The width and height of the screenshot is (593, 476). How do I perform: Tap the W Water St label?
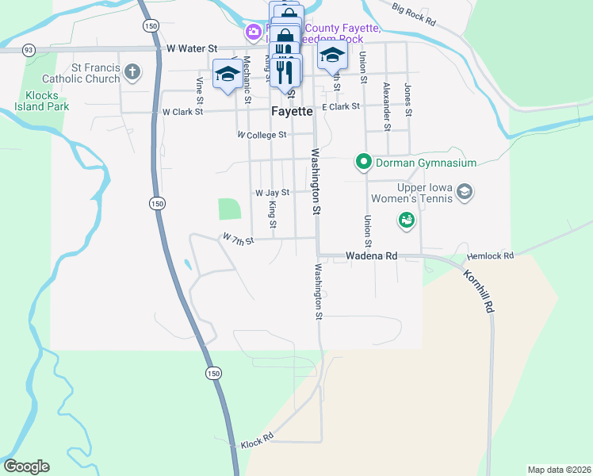[x=192, y=48]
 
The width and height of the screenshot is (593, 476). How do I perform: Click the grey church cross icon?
[x=132, y=74]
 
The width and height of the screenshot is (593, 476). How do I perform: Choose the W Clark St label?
[x=183, y=112]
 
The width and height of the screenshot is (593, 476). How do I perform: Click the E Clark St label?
[x=341, y=106]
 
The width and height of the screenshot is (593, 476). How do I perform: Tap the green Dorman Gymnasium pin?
[x=364, y=163]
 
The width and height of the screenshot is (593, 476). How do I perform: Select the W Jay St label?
[x=272, y=192]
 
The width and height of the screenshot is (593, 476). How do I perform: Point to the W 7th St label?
[x=238, y=239]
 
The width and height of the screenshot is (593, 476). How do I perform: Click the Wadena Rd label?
[x=371, y=256]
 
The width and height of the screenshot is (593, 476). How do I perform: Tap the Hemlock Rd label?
[x=491, y=256]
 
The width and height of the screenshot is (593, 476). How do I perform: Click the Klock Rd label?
[x=257, y=438]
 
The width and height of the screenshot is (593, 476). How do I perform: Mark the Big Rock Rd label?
[x=414, y=13]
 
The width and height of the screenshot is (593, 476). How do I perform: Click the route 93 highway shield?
[x=29, y=50]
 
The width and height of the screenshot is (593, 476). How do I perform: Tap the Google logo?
[x=26, y=466]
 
